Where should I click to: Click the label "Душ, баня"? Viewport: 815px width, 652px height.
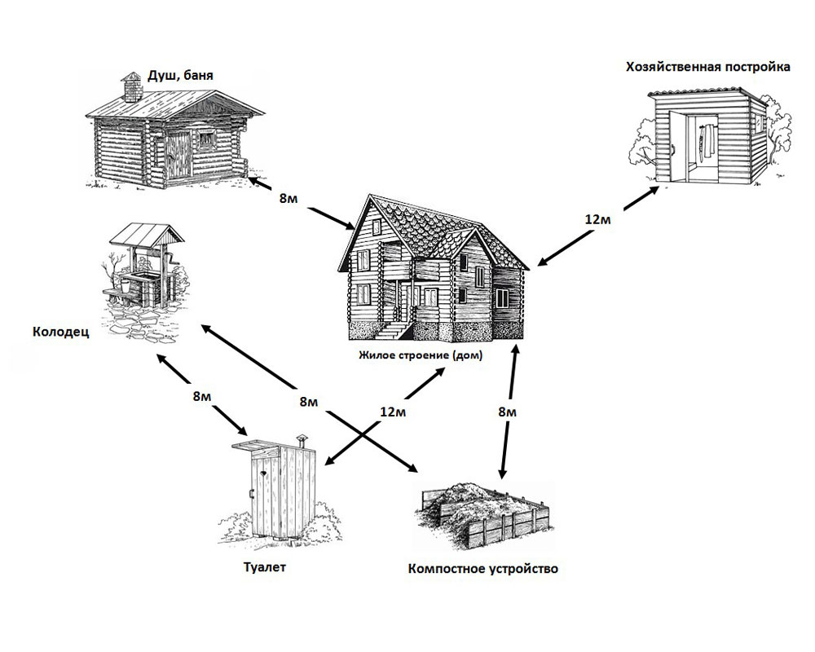coord(180,76)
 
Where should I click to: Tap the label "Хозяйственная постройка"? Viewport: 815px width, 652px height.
coord(707,67)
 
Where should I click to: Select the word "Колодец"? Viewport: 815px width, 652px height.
coord(61,333)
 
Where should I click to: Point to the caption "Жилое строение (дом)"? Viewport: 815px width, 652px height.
coord(421,355)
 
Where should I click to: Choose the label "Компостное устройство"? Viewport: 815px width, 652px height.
coord(482,568)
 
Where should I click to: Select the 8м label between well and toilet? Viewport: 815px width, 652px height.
coord(201,396)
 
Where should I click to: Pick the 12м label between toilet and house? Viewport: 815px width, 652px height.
coord(393,412)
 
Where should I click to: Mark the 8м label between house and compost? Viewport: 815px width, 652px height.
coord(507,412)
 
